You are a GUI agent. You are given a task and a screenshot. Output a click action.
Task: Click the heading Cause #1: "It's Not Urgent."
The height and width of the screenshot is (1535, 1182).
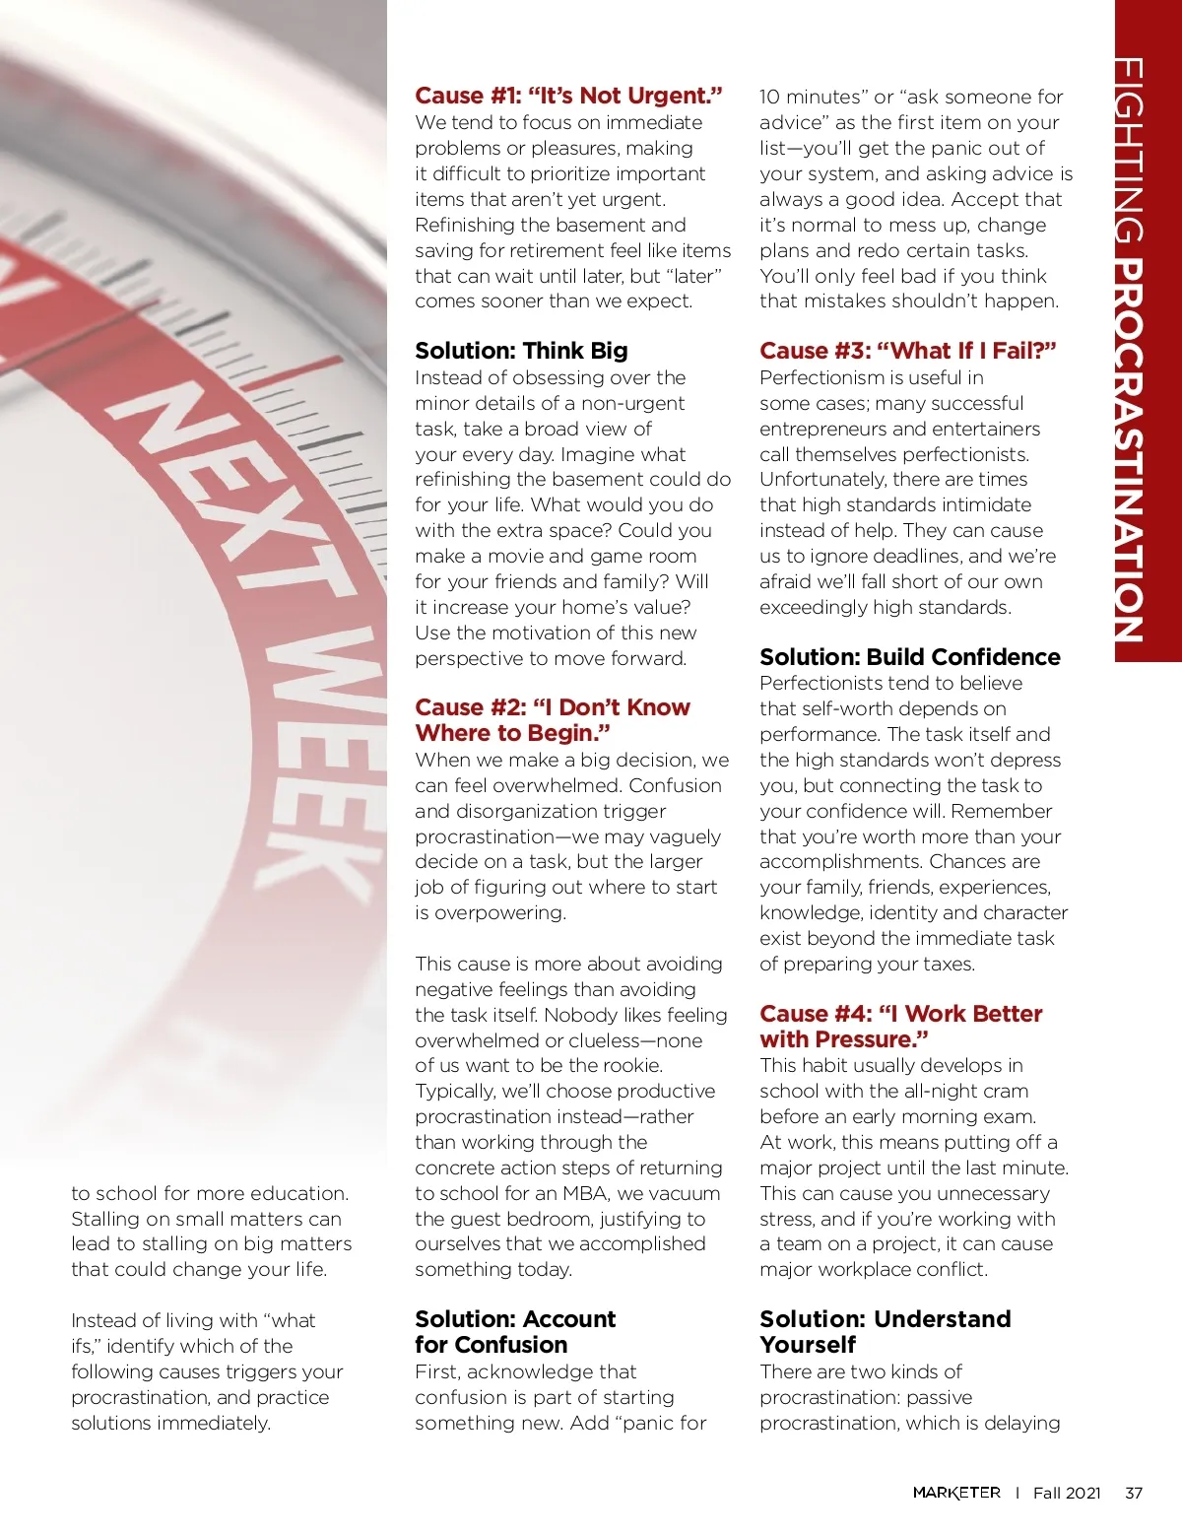(568, 96)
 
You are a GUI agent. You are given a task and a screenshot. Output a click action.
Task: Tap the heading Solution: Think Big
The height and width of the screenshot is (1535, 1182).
(521, 351)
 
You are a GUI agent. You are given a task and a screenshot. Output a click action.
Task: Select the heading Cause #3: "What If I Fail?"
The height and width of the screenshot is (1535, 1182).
(907, 351)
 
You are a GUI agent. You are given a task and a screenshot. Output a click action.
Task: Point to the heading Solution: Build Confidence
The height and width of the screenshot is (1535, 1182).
(909, 657)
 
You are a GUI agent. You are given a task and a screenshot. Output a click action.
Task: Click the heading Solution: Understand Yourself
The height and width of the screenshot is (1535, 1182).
(885, 1331)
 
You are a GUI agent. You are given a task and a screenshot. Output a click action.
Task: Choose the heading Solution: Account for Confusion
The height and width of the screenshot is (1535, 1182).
(514, 1331)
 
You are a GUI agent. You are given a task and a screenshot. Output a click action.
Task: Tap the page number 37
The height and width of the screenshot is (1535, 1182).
(1134, 1493)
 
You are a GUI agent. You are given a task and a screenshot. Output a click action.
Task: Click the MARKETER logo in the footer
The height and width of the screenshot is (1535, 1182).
(955, 1493)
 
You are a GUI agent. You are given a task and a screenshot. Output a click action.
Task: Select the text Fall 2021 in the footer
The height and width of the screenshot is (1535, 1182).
(1066, 1493)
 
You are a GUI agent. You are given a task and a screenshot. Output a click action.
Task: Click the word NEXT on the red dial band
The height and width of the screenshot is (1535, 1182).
(236, 493)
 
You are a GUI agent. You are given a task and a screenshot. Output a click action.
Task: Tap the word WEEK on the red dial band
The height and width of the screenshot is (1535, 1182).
(315, 759)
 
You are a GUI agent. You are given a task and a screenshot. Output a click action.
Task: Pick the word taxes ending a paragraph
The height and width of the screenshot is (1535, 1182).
(948, 964)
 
